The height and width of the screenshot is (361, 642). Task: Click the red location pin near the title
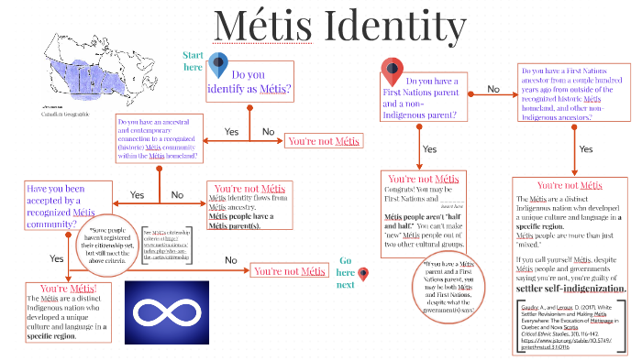(393, 70)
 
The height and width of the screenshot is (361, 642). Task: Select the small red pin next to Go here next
(363, 274)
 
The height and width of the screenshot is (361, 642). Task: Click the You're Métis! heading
(70, 289)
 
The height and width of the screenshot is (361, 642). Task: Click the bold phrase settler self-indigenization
(570, 289)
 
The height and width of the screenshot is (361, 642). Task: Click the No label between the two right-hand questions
(493, 89)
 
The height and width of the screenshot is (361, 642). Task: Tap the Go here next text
(344, 272)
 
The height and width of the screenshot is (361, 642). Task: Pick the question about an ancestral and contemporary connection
(158, 137)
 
